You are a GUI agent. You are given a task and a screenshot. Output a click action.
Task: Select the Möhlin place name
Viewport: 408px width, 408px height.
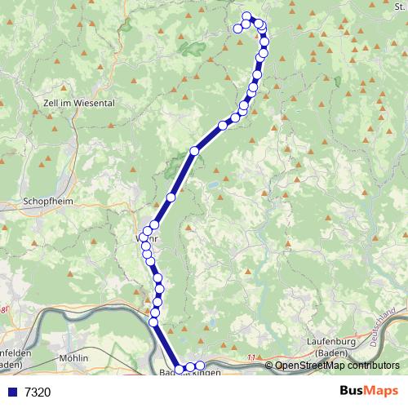point(73,358)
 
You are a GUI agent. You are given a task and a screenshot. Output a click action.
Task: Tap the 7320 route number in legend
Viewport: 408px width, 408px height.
point(38,392)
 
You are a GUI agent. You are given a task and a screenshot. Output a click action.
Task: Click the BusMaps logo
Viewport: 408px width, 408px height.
point(368,392)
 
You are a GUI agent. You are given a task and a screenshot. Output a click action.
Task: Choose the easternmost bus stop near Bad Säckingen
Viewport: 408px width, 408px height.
point(199,365)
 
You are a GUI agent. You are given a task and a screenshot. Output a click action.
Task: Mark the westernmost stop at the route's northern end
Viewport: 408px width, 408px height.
point(237,29)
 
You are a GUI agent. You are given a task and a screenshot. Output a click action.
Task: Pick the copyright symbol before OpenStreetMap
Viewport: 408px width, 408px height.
point(269,366)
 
